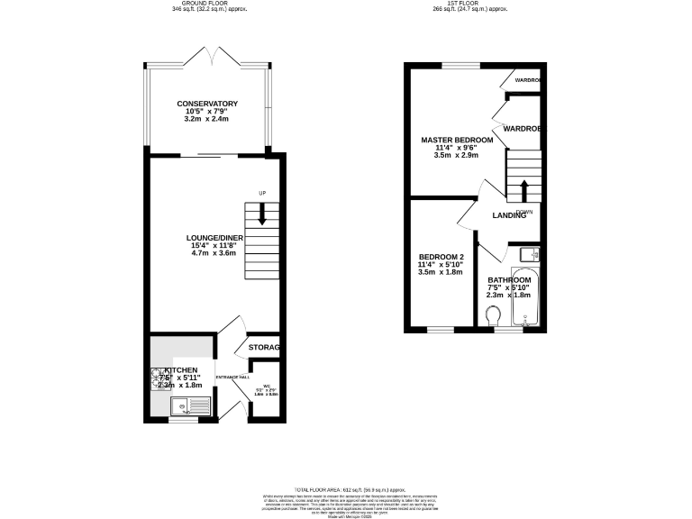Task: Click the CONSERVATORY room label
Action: click(x=207, y=104)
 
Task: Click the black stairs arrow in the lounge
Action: click(x=262, y=214)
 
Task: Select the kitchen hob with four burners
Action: click(x=159, y=377)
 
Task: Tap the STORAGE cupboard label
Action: click(x=264, y=348)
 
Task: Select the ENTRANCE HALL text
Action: click(x=231, y=377)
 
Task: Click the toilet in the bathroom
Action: click(x=491, y=316)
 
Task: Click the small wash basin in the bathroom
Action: click(x=529, y=253)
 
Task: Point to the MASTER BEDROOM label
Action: click(x=457, y=141)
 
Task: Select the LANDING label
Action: click(x=509, y=215)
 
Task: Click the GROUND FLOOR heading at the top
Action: click(x=207, y=4)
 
